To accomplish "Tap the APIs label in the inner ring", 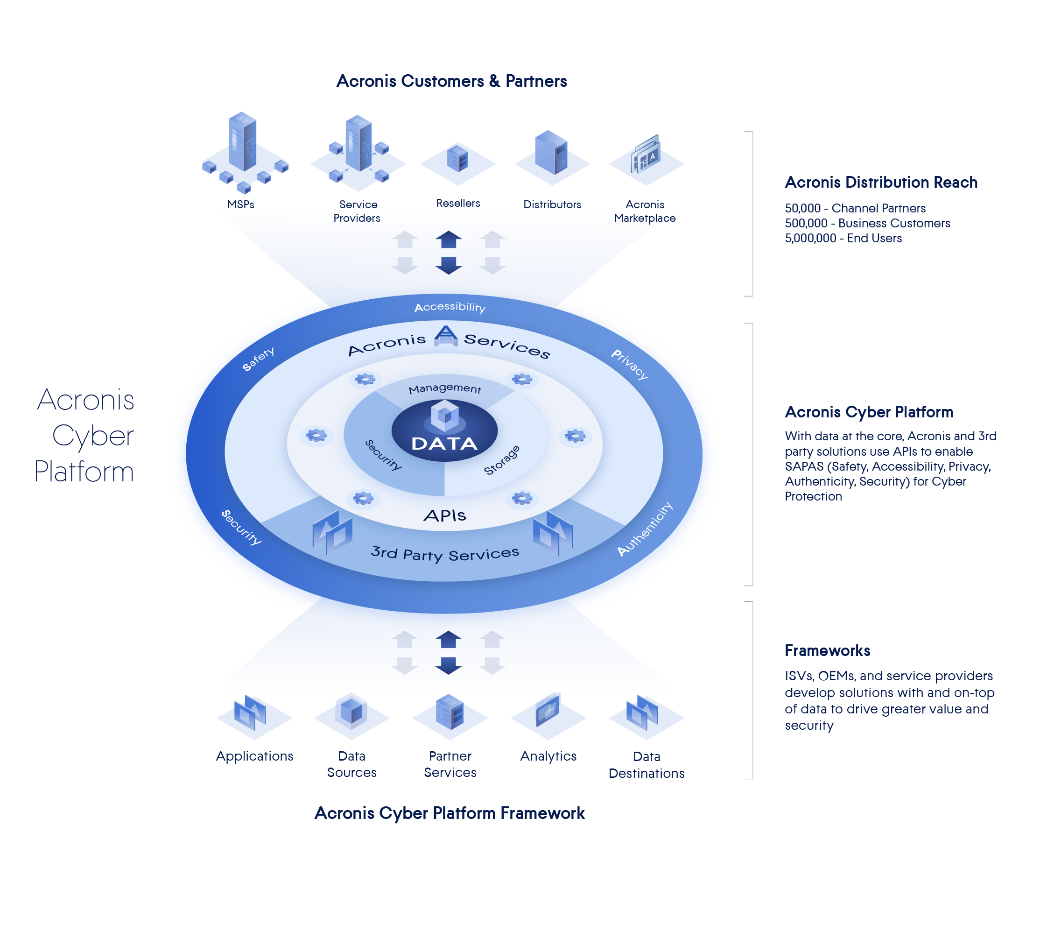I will [x=445, y=516].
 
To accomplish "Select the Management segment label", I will [x=445, y=388].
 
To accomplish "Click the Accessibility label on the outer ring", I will [x=450, y=307].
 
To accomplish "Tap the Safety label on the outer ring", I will [x=258, y=359].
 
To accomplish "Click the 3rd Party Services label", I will [x=445, y=553].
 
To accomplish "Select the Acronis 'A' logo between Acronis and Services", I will [x=445, y=335].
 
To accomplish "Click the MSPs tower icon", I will [x=244, y=152].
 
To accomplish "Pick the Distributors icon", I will [x=552, y=157].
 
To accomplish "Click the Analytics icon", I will [x=548, y=714].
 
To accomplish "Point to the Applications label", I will [x=255, y=756].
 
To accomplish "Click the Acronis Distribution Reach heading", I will [x=881, y=183].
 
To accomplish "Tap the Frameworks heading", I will [x=827, y=651].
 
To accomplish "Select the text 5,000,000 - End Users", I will [x=843, y=239].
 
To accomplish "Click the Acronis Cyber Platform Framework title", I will [x=450, y=813].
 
